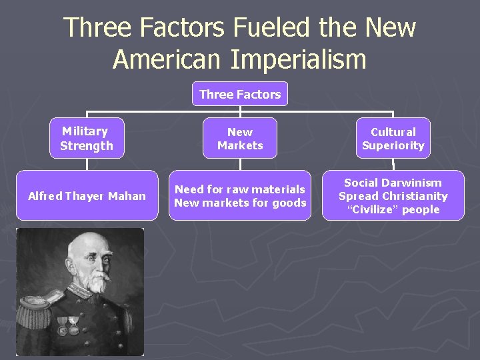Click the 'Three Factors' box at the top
pos(240,94)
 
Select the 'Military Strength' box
pos(87,139)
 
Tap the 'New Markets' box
pos(240,139)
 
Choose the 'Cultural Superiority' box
pos(393,139)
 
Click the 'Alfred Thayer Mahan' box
pos(87,196)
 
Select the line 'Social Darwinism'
pos(393,183)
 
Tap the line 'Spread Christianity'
pos(393,196)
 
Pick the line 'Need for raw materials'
pos(240,189)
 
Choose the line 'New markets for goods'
pos(240,203)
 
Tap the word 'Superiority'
pos(393,145)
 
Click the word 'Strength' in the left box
pos(87,145)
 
